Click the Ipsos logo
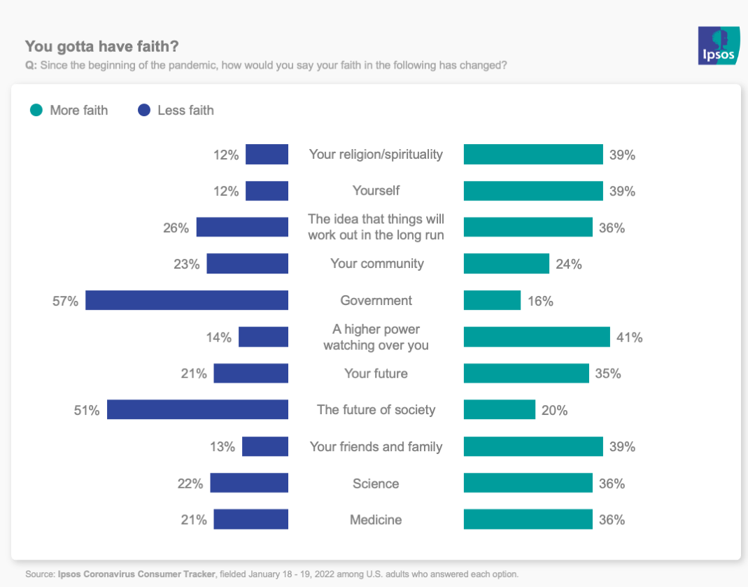(718, 46)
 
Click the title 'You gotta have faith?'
(102, 47)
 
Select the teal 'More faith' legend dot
(36, 111)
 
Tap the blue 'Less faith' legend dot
(145, 111)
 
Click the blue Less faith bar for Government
(187, 300)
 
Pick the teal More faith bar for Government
(492, 300)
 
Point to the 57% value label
(65, 301)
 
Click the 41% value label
(629, 337)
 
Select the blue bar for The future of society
(197, 410)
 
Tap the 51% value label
(87, 411)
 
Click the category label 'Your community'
(376, 264)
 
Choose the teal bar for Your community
(506, 264)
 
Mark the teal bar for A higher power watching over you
(537, 337)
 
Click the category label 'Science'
(376, 483)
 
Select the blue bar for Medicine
(250, 520)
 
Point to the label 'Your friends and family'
(376, 447)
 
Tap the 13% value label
(223, 447)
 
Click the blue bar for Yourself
(267, 191)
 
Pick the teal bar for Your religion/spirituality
(533, 155)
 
